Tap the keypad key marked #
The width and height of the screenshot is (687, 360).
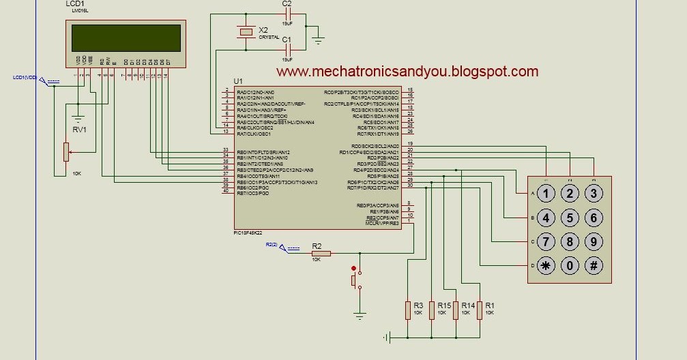(x=594, y=267)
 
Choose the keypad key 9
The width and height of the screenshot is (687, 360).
(x=594, y=242)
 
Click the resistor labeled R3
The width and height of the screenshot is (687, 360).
(x=407, y=310)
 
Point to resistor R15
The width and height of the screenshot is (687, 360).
(x=432, y=310)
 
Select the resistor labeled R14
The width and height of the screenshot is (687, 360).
(x=456, y=310)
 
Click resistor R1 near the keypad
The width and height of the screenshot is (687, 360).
(x=480, y=310)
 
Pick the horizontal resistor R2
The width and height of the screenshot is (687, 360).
(x=321, y=253)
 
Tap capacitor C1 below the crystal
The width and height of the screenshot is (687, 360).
(x=287, y=48)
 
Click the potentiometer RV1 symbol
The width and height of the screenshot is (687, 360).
(x=66, y=152)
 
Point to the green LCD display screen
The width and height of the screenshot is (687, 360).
(x=125, y=37)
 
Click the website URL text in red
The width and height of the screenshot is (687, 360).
(x=407, y=72)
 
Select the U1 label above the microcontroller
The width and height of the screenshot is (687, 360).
(x=238, y=81)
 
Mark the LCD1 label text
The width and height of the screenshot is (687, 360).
(x=75, y=4)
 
